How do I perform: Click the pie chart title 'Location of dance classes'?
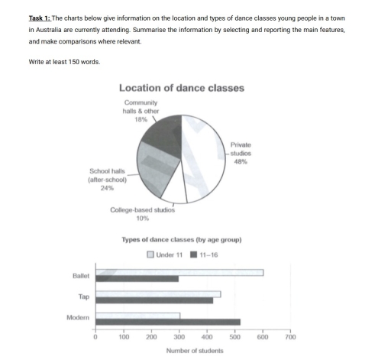[x=181, y=87]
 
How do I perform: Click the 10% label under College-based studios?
[x=143, y=218]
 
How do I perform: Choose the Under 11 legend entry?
[x=163, y=254]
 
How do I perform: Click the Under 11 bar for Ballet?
[x=179, y=272]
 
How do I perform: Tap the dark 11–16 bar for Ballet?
[x=137, y=279]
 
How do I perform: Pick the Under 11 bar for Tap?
[x=157, y=294]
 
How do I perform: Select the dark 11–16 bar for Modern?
[x=167, y=322]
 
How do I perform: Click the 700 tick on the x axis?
[x=290, y=336]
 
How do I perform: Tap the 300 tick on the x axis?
[x=179, y=336]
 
